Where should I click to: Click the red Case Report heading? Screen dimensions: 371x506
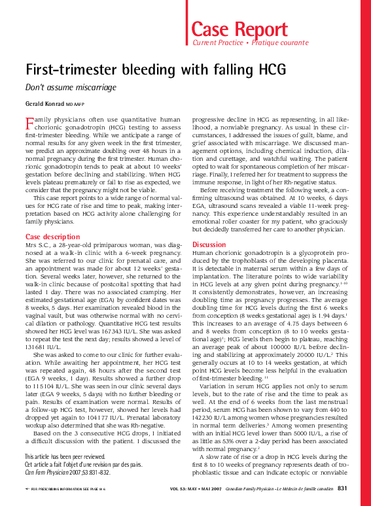(239, 29)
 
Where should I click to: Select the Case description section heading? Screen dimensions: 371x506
(52, 236)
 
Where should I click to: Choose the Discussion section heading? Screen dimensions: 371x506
(209, 245)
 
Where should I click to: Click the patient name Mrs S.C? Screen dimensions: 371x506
(36, 245)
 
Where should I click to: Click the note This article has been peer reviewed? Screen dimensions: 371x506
(65, 456)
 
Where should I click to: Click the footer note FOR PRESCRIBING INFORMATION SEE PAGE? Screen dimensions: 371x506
(64, 489)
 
